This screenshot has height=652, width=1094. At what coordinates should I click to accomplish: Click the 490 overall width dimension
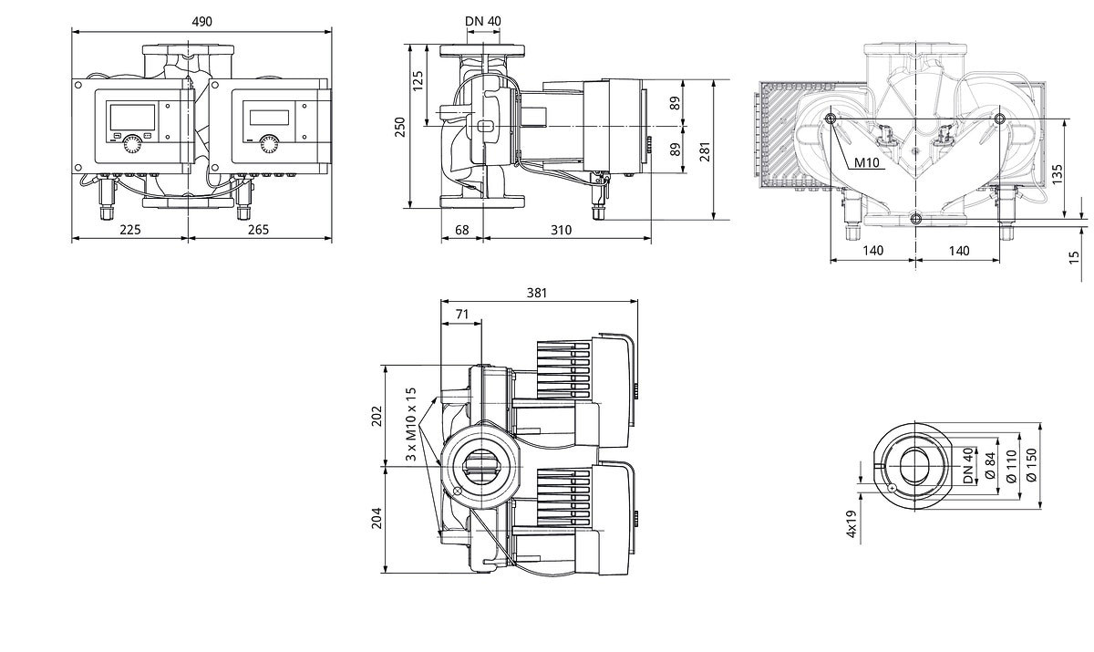(x=201, y=22)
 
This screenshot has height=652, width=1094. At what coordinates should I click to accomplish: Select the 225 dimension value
(x=130, y=230)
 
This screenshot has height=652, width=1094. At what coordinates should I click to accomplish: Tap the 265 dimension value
(x=258, y=230)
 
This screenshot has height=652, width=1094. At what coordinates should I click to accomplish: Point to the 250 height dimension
(x=400, y=127)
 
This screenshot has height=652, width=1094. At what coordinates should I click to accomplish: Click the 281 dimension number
(x=704, y=151)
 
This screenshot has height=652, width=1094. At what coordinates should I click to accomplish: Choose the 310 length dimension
(x=562, y=230)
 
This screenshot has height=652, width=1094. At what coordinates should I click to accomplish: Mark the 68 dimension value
(x=461, y=230)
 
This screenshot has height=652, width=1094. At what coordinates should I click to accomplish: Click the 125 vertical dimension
(x=418, y=81)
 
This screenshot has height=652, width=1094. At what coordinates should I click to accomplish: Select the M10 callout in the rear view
(x=866, y=162)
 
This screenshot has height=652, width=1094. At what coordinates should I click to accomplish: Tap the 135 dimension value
(x=1057, y=174)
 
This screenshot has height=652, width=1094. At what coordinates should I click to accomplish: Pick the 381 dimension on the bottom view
(x=537, y=293)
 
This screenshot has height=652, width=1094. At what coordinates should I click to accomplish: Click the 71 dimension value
(x=462, y=314)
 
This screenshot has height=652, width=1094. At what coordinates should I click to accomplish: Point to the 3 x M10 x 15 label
(x=411, y=424)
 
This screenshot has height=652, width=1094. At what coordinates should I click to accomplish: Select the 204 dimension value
(x=377, y=518)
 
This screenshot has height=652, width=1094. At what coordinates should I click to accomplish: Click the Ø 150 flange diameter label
(x=1031, y=465)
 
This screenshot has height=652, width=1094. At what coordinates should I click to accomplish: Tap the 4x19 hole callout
(x=851, y=524)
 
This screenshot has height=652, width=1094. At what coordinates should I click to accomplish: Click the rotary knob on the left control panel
(x=132, y=145)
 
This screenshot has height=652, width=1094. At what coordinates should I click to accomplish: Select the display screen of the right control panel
(x=269, y=118)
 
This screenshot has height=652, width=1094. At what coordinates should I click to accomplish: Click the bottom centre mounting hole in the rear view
(x=915, y=219)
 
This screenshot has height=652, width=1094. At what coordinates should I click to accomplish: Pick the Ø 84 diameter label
(x=989, y=465)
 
